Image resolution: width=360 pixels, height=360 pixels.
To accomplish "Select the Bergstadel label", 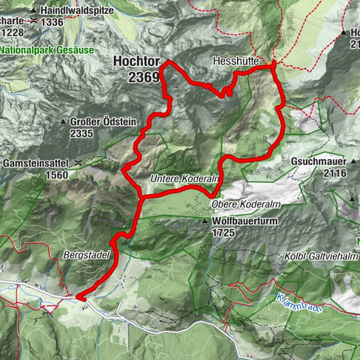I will (91, 255).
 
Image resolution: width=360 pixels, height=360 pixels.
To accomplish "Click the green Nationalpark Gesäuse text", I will (47, 49).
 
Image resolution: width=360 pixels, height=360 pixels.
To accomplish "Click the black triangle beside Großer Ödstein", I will (64, 122).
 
